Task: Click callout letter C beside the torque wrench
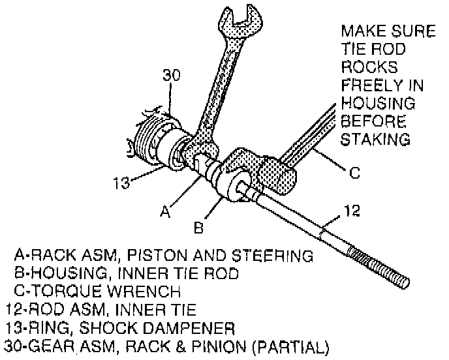(x=354, y=173)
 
